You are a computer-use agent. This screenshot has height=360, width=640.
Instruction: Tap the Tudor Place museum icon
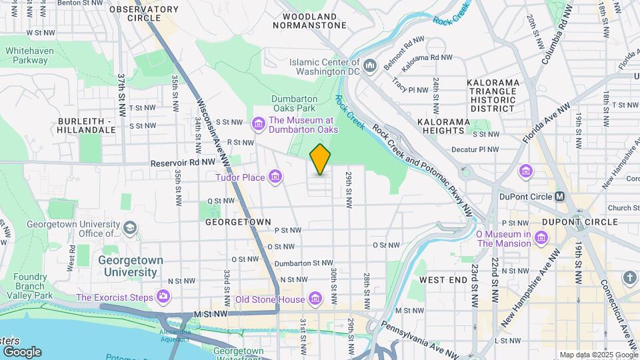[275, 177]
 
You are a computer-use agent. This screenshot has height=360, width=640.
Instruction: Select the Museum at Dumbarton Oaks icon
[258, 124]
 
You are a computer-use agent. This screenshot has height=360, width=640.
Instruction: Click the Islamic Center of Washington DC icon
[371, 64]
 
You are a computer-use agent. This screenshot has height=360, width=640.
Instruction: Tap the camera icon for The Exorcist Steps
[163, 296]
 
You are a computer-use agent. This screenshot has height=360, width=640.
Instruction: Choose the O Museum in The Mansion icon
[541, 238]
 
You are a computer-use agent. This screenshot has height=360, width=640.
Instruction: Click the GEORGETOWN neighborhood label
[238, 221]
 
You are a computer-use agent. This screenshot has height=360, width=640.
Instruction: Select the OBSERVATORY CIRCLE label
[144, 13]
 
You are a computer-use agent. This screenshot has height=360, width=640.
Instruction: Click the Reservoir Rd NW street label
[183, 162]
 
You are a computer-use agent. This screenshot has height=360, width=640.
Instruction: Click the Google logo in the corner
[22, 351]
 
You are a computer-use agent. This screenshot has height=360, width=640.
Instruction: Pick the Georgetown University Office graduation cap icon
[129, 228]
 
